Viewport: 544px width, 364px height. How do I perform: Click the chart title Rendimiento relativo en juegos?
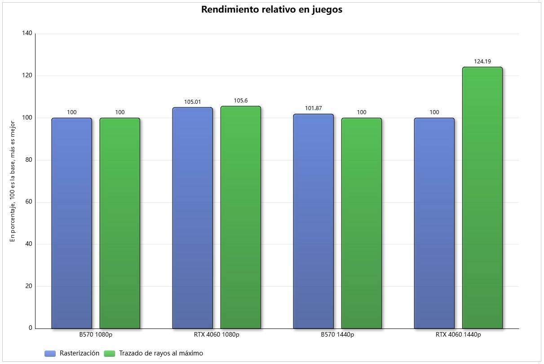pos(272,10)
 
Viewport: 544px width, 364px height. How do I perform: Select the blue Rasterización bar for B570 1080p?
pos(71,223)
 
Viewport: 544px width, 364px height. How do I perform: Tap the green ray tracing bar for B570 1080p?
pos(120,223)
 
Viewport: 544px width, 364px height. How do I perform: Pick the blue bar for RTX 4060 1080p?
pos(192,218)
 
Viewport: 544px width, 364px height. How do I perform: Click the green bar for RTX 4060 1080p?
pos(241,217)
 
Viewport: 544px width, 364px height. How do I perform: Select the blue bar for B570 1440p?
pos(313,221)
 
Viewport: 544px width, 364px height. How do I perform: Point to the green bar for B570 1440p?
pos(362,223)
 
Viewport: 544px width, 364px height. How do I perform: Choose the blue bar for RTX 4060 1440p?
pos(434,223)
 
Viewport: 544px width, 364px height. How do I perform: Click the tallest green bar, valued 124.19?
pos(482,198)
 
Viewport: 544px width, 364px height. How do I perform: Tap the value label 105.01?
pos(192,102)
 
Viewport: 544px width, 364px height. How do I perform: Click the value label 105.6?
pos(241,101)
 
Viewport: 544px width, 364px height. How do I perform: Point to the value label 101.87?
pos(313,108)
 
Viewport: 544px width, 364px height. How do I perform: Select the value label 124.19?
pos(482,62)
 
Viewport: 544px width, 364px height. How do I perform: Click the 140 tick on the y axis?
pos(27,34)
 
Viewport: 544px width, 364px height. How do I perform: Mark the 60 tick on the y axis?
pos(29,202)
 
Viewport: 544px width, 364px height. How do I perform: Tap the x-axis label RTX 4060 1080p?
pos(217,335)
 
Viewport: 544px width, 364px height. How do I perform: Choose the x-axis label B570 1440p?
pos(337,335)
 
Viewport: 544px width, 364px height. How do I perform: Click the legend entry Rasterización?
pos(79,353)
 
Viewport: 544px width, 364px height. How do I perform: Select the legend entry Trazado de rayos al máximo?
pos(161,353)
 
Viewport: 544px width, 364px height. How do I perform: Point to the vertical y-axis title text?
pos(13,180)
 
